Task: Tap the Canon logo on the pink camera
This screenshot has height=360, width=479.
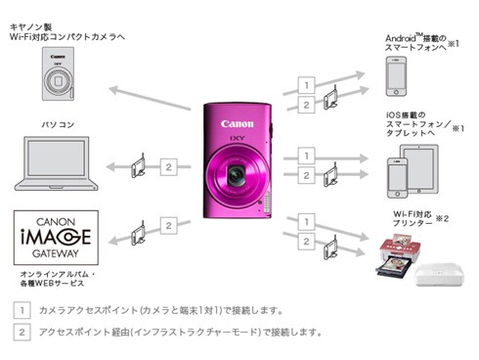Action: coord(238,124)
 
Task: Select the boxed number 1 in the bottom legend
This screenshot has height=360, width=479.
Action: coord(21,310)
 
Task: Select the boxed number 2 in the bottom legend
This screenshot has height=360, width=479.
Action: coord(21,332)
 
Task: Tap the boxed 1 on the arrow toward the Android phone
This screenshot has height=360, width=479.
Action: coord(306,84)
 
